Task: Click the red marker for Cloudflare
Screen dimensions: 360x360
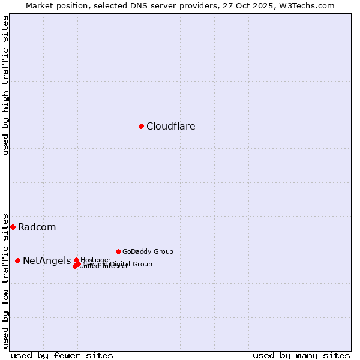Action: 141,126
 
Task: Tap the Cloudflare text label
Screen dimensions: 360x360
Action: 171,127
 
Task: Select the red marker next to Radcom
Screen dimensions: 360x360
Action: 13,227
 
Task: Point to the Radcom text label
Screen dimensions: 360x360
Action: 37,227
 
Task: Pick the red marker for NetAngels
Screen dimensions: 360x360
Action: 17,260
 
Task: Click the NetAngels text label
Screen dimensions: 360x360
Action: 47,261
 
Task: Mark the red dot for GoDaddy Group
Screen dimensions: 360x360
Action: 118,251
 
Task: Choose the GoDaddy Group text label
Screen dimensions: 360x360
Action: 148,252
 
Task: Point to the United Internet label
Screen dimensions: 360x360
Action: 104,266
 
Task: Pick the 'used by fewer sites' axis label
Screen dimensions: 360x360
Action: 62,356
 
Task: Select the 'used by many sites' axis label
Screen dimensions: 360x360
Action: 301,356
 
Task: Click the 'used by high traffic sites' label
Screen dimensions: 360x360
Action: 5,85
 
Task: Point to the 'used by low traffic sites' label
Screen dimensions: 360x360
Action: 5,281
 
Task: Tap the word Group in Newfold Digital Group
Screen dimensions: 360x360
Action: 143,264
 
